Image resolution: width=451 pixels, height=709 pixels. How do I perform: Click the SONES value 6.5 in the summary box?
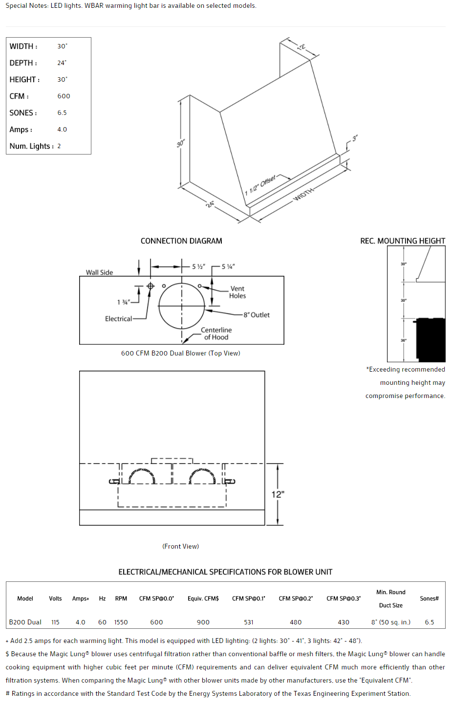point(62,113)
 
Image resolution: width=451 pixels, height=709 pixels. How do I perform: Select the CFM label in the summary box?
point(19,96)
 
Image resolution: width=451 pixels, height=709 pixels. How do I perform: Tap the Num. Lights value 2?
point(59,146)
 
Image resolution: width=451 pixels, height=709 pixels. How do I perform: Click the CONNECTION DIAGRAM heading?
point(181,241)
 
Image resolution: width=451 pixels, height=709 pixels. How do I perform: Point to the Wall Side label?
point(99,272)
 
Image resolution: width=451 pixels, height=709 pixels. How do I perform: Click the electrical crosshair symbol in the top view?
point(150,286)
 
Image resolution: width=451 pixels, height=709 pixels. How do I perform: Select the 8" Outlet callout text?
point(257,315)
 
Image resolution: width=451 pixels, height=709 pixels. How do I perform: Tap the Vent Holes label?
point(237,292)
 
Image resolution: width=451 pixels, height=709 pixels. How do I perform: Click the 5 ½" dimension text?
point(198,266)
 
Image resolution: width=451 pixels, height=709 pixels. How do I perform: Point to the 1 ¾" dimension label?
point(124,302)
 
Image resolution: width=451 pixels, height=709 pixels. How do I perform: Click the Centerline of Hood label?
point(216,333)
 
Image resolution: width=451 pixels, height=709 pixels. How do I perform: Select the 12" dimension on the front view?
point(278,494)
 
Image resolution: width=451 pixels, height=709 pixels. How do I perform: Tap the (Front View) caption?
point(181,546)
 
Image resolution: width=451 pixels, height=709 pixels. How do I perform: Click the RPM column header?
point(121,598)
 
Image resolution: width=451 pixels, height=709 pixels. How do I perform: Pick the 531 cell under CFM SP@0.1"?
point(249,622)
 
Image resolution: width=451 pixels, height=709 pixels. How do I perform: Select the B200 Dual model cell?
point(25,622)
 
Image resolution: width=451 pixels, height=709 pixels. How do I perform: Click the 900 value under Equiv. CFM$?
point(203,622)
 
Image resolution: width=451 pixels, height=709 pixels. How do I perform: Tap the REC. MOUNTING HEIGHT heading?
point(403,241)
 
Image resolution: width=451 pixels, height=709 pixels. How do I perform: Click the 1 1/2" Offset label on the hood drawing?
point(260,185)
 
